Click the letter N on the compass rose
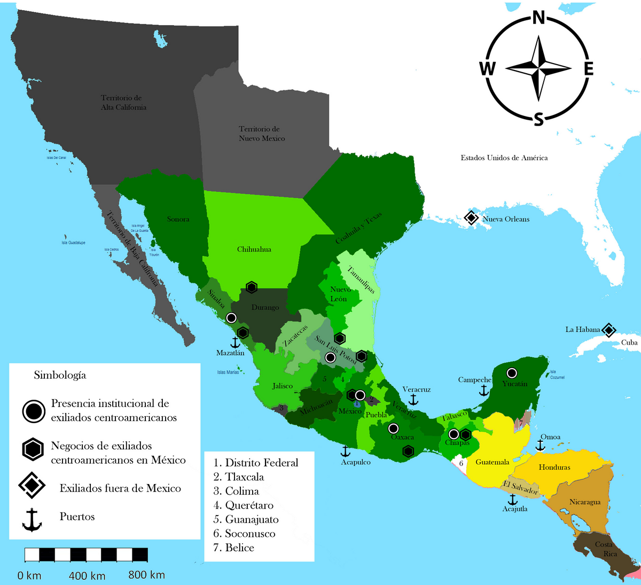pos(539,18)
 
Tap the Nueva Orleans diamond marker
pos(471,218)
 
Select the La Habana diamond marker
pos(608,330)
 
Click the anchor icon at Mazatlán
pos(234,342)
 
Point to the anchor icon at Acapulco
pos(345,451)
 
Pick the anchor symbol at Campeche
pos(484,390)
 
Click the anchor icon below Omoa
pos(540,445)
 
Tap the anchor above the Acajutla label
pos(513,499)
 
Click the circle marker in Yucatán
pos(512,373)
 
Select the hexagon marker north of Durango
pos(251,287)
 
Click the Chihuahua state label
pos(254,249)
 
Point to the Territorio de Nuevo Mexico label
pos(262,134)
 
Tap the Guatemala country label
pos(492,462)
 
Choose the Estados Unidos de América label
pos(504,158)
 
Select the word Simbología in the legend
pos(60,375)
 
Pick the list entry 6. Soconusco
pos(245,533)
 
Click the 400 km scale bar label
pos(87,576)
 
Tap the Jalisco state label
pos(282,386)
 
